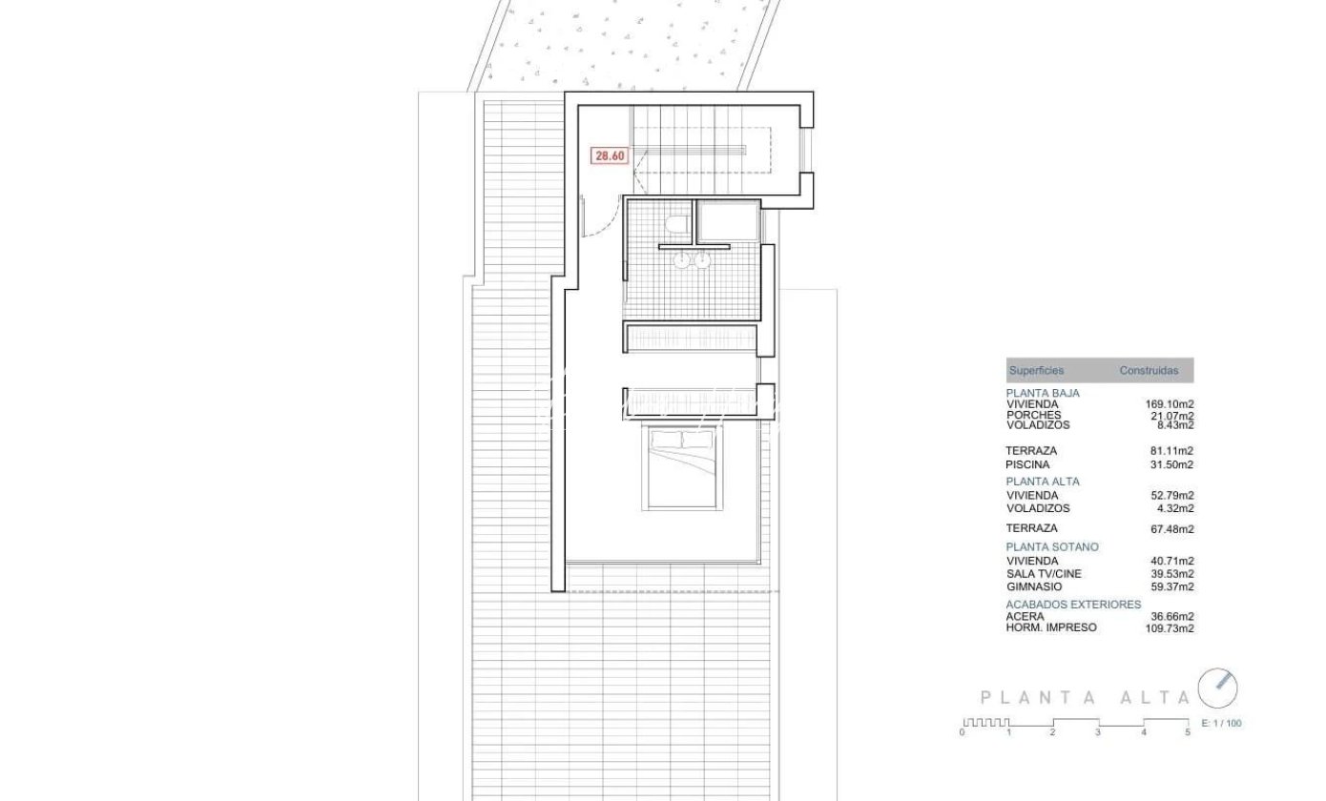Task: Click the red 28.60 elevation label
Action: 610,155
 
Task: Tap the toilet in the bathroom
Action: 678,225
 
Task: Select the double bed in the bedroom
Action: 682,468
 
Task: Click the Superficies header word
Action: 1036,371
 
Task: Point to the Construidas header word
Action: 1149,371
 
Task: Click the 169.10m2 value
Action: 1170,404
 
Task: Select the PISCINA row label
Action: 1027,465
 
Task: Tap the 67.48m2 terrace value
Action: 1172,529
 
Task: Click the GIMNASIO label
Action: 1034,586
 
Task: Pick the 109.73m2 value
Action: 1170,628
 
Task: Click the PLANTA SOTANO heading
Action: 1052,547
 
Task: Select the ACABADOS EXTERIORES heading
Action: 1073,605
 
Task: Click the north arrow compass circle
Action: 1217,688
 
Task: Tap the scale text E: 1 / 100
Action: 1221,723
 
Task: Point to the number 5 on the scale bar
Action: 1188,732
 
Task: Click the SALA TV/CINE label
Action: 1044,574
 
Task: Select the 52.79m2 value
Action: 1172,495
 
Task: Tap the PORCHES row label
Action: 1033,415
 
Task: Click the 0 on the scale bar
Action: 962,732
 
